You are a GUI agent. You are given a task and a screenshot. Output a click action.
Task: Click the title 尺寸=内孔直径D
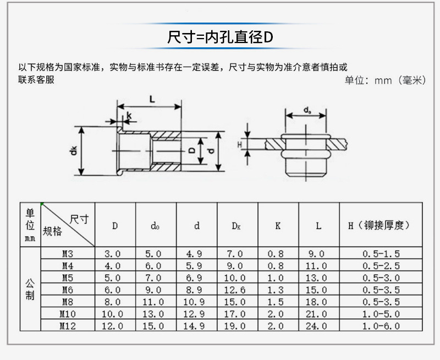pyautogui.click(x=220, y=37)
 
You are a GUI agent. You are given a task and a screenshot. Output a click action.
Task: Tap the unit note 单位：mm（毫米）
pyautogui.click(x=386, y=80)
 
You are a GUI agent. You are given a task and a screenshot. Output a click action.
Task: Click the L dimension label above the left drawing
pyautogui.click(x=152, y=99)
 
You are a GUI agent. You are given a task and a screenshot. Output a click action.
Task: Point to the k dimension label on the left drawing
pyautogui.click(x=129, y=115)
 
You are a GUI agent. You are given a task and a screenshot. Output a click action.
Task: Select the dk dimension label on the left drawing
pyautogui.click(x=74, y=151)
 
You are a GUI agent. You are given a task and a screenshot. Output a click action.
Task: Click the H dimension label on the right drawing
pyautogui.click(x=240, y=145)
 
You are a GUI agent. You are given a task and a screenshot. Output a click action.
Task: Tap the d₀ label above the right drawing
pyautogui.click(x=307, y=110)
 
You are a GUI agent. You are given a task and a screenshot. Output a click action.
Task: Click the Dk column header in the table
pyautogui.click(x=236, y=226)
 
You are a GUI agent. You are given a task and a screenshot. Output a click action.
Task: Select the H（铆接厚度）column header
pyautogui.click(x=379, y=225)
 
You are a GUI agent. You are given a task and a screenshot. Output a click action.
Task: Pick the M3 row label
pyautogui.click(x=68, y=254)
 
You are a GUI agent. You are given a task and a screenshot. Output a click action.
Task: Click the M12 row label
pyautogui.click(x=68, y=326)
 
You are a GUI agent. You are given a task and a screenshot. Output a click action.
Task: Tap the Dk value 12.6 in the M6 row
pyautogui.click(x=235, y=290)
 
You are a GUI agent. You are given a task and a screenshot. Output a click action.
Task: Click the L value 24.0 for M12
pyautogui.click(x=316, y=326)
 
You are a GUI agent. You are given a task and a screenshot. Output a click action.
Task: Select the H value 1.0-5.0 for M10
pyautogui.click(x=381, y=314)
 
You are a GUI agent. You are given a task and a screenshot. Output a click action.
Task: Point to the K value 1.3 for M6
pyautogui.click(x=276, y=290)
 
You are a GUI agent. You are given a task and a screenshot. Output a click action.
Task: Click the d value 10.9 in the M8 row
pyautogui.click(x=194, y=302)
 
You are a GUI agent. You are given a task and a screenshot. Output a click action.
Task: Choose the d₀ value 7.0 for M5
pyautogui.click(x=153, y=278)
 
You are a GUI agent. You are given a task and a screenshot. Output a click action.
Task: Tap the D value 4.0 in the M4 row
pyautogui.click(x=113, y=266)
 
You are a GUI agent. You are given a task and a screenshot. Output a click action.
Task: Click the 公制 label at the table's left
pyautogui.click(x=30, y=289)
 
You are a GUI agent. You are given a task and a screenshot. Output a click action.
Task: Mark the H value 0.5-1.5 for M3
pyautogui.click(x=381, y=254)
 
